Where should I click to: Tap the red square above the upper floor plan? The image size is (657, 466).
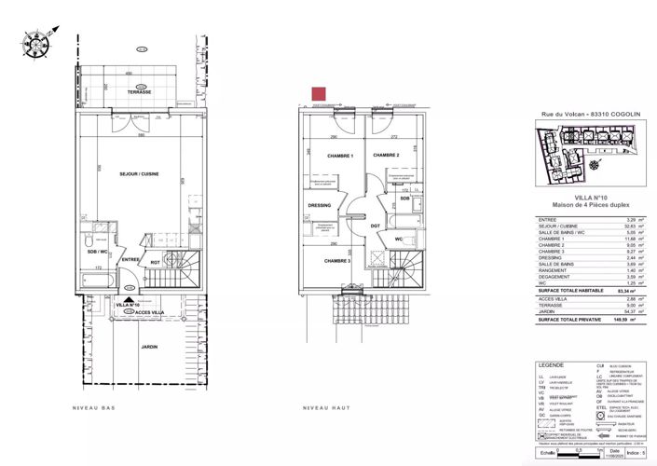[318, 93]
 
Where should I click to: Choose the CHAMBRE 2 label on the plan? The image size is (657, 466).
[386, 155]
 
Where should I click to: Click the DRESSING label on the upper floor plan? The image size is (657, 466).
[319, 207]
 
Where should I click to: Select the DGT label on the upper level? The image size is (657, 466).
[375, 226]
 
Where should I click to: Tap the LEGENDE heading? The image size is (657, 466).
[550, 365]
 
